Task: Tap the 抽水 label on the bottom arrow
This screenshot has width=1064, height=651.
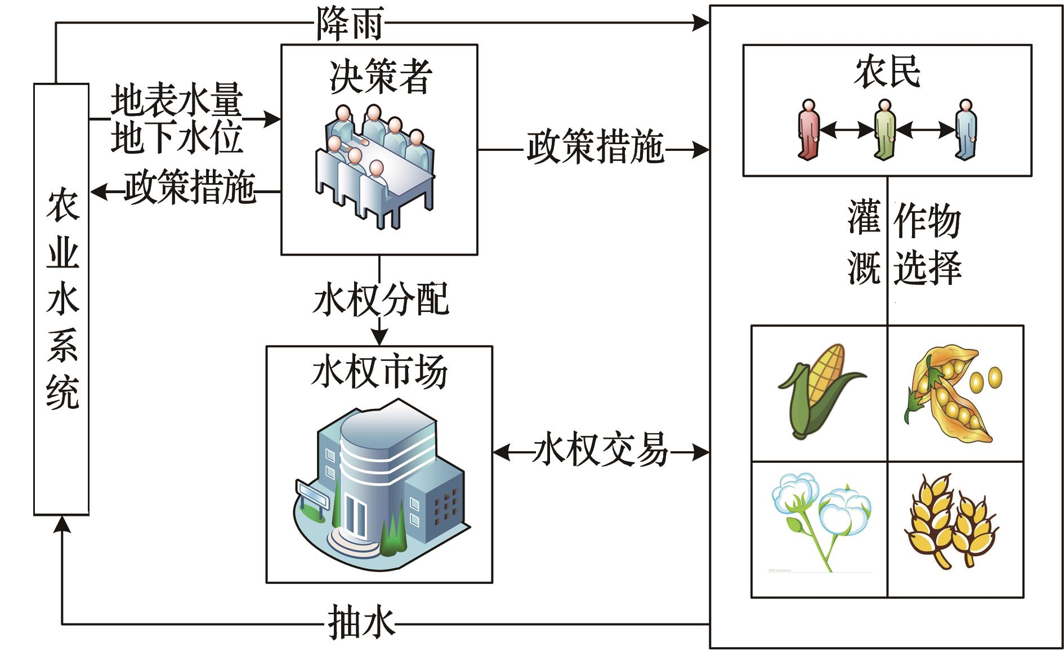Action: click(361, 622)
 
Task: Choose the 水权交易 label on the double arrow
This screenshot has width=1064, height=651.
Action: click(601, 451)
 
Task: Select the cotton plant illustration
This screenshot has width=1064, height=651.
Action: click(820, 518)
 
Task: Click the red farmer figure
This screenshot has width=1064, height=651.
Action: click(808, 130)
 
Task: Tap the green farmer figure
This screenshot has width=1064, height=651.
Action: click(884, 130)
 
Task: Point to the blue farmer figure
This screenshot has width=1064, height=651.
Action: click(966, 130)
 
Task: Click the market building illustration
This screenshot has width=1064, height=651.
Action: click(380, 479)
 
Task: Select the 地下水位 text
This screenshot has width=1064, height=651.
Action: click(176, 137)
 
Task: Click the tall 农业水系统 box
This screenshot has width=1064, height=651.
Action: click(61, 298)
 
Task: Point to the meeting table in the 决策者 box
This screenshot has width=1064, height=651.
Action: click(394, 175)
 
